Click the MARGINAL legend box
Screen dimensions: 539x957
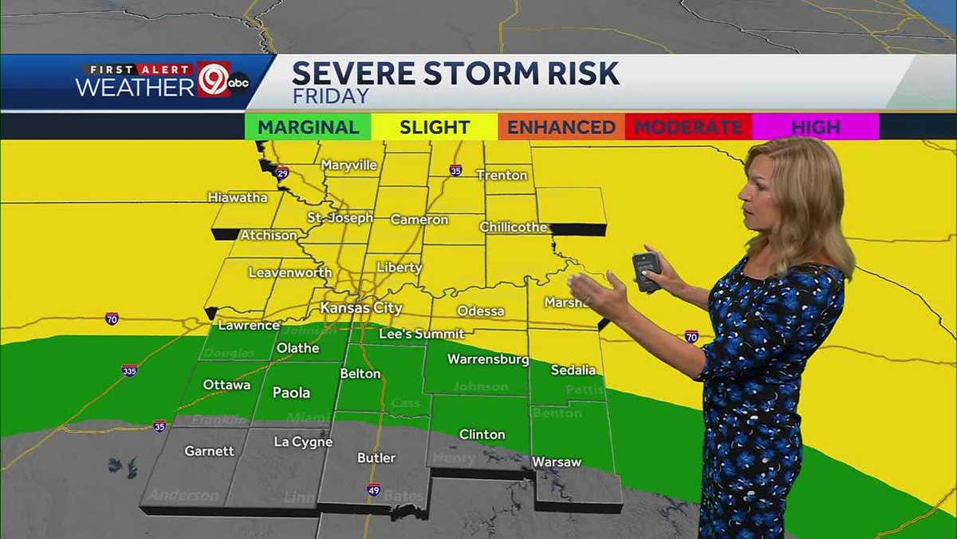[x=308, y=127]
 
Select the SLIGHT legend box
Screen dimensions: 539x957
[x=435, y=127]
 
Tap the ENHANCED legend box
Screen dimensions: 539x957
[x=561, y=127]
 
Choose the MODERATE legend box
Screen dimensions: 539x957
[x=689, y=127]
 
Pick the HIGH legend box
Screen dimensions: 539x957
[x=816, y=127]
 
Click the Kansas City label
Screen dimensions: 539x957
[x=356, y=307]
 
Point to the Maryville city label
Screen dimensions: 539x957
[x=349, y=165]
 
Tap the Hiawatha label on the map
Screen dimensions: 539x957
[x=238, y=197]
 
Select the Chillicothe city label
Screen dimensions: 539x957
[x=514, y=228]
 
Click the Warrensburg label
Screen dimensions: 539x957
[x=488, y=359]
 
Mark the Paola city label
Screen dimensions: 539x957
[x=291, y=393]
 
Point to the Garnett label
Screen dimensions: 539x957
[x=210, y=451]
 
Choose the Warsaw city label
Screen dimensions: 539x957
[x=557, y=462]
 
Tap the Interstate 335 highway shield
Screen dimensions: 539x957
[x=129, y=371]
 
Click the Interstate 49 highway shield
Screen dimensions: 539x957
[x=374, y=489]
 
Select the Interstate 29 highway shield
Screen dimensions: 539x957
[x=282, y=172]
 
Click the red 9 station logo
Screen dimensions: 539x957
[x=214, y=81]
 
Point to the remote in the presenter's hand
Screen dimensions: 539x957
[x=645, y=270]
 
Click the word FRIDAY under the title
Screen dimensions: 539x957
[x=330, y=97]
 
